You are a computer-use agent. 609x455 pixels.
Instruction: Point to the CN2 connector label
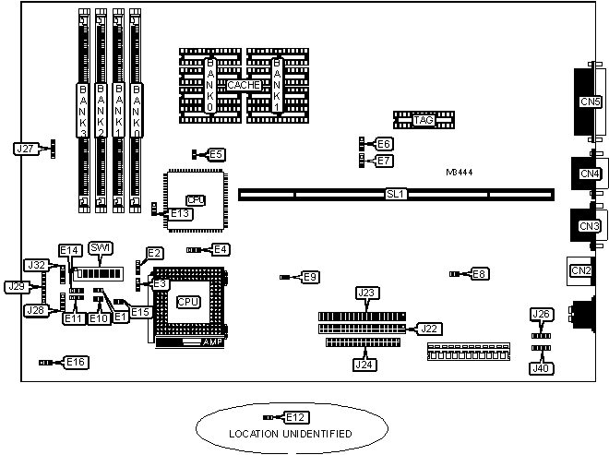click(x=581, y=270)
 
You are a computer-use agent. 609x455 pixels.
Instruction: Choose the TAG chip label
click(x=424, y=120)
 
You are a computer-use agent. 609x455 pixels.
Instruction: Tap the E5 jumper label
click(x=215, y=154)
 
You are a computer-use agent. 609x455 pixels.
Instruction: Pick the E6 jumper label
click(x=384, y=143)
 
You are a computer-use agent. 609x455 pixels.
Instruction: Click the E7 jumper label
click(x=384, y=161)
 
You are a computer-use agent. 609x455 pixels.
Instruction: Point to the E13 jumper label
click(x=181, y=213)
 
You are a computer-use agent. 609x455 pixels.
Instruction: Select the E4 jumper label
click(x=221, y=249)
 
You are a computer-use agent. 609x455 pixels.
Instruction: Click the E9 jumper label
click(x=310, y=276)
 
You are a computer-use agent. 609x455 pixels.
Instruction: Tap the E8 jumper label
click(x=479, y=273)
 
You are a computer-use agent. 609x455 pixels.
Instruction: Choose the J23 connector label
click(x=366, y=293)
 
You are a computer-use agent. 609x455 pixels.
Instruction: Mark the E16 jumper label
click(x=77, y=363)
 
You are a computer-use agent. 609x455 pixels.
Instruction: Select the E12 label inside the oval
click(x=295, y=417)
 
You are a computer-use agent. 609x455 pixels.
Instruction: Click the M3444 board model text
click(x=460, y=172)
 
